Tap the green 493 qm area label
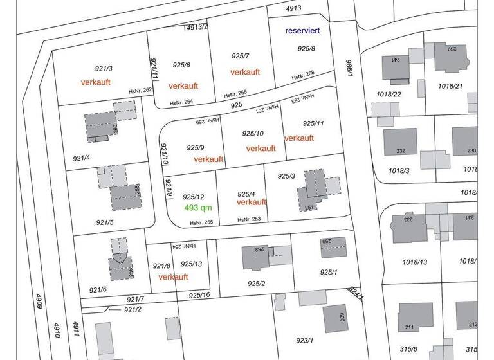[x=198, y=208]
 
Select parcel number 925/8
[x=307, y=49]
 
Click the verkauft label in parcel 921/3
[x=96, y=82]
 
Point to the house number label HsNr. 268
[x=303, y=75]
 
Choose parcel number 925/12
[x=194, y=197]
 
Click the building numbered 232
[x=401, y=143]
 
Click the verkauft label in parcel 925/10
[x=261, y=148]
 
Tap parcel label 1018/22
[x=389, y=94]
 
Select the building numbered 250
[x=334, y=246]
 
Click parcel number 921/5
[x=105, y=222]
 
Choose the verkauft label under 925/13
[x=173, y=277]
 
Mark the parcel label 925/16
[x=199, y=295]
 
